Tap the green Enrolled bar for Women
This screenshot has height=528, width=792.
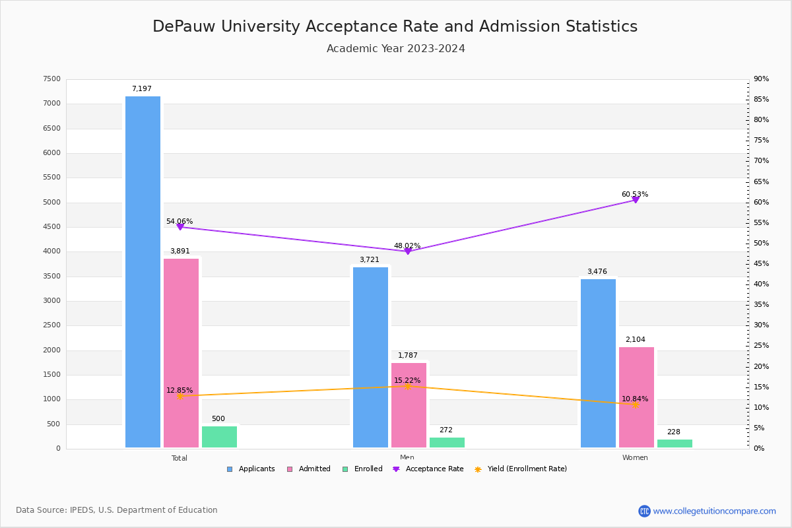point(675,444)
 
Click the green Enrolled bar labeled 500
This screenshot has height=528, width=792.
point(219,437)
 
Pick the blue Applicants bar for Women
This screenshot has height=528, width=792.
point(598,363)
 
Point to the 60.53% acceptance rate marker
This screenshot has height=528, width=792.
point(635,199)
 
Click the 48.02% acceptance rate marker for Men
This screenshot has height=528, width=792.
point(407,251)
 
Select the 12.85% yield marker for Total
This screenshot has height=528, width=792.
point(180,396)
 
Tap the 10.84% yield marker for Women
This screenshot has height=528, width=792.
point(635,405)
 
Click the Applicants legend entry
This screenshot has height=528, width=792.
point(251,469)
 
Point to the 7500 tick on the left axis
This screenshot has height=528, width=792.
point(51,79)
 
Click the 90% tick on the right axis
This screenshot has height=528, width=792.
point(761,79)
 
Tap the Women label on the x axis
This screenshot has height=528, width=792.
point(635,457)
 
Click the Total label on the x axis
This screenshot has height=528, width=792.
point(180,458)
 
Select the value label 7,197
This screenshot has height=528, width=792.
point(141,88)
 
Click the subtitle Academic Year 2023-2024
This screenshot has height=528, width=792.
point(396,49)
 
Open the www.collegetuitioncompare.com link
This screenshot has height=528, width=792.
point(714,511)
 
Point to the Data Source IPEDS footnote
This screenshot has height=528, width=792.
point(117,510)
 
